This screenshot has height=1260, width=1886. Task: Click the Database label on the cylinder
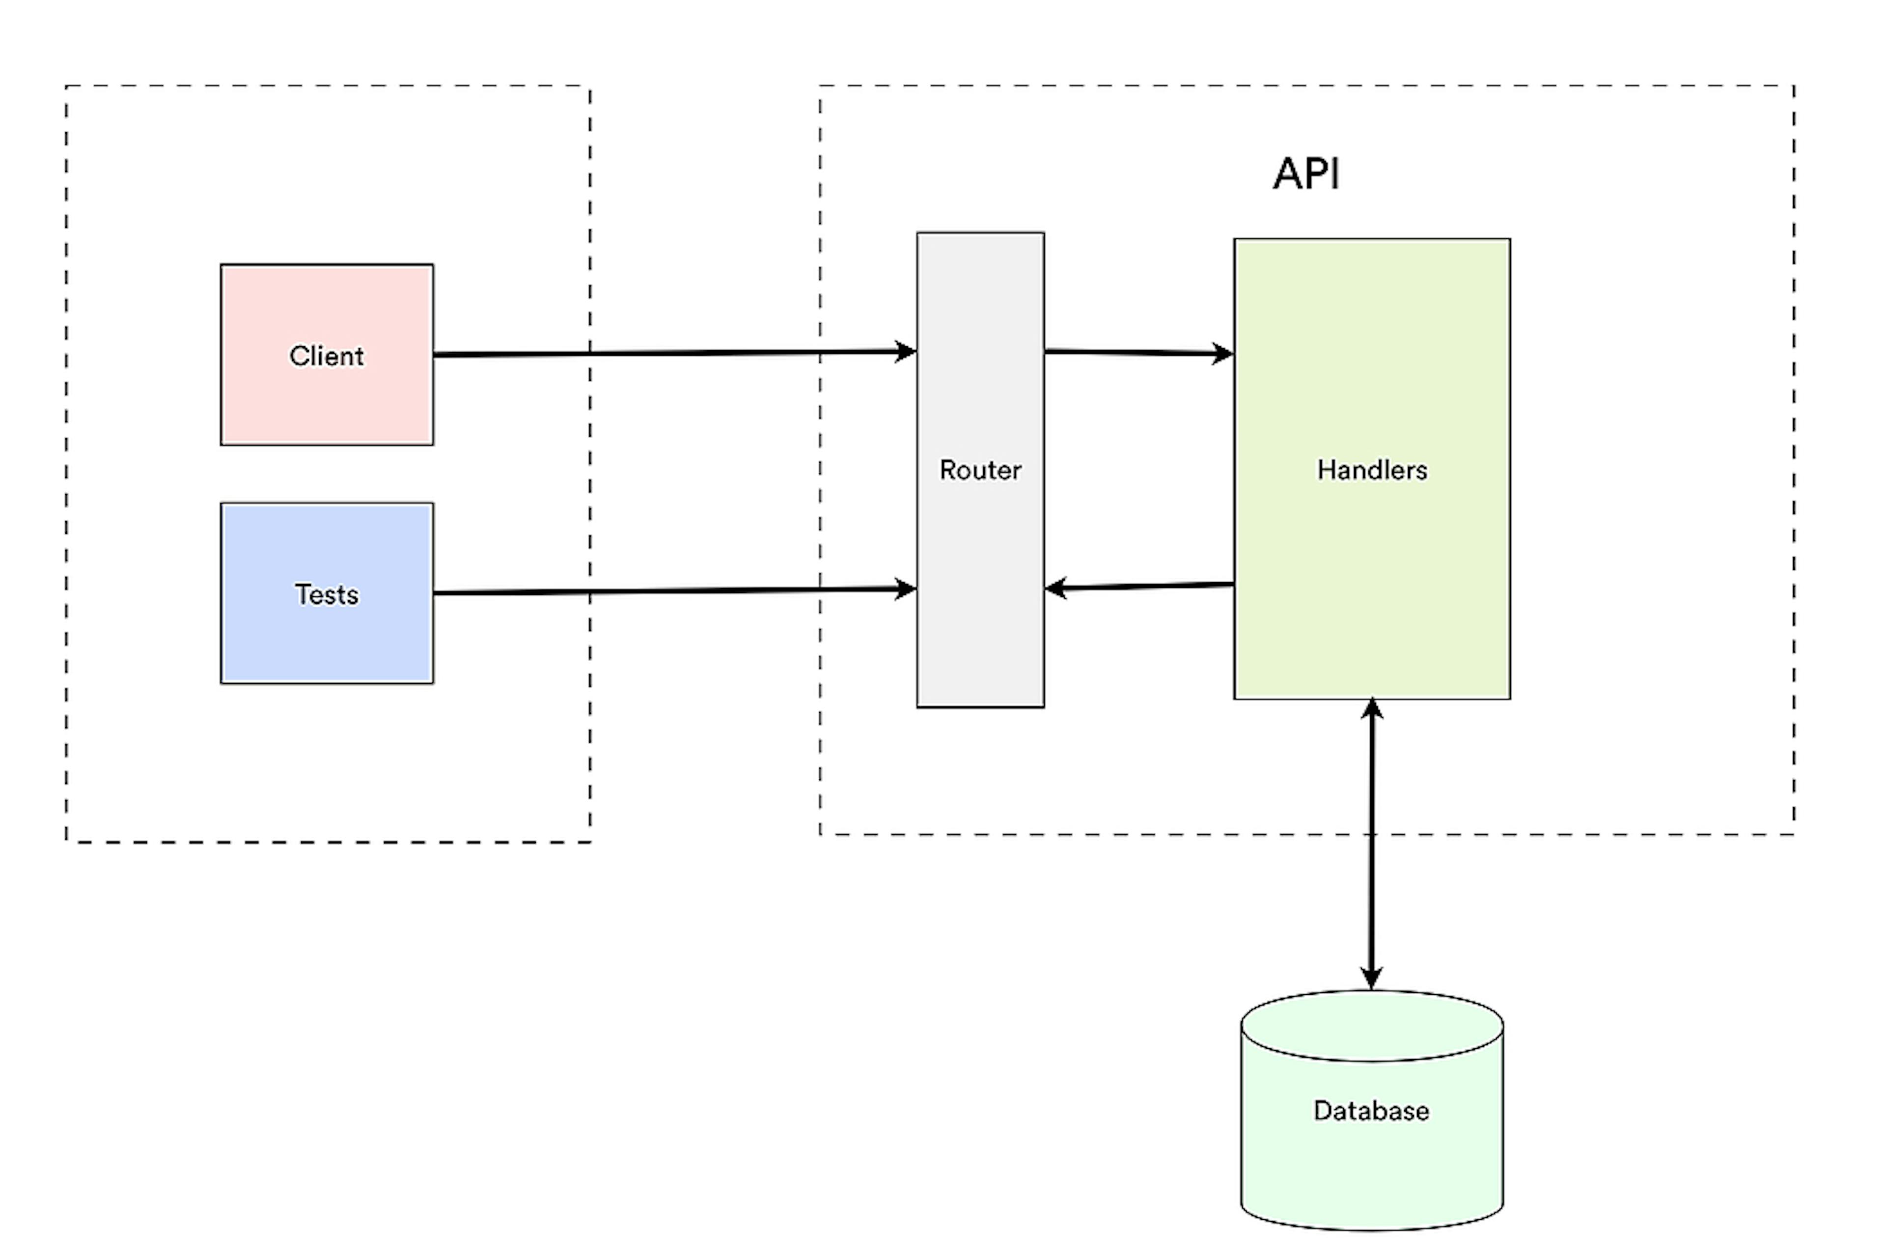pos(1371,1111)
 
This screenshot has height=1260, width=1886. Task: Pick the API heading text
pos(1306,173)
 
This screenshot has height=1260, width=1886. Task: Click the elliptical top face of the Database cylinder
pos(1371,1026)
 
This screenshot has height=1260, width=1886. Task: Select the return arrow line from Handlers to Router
pos(1149,586)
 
